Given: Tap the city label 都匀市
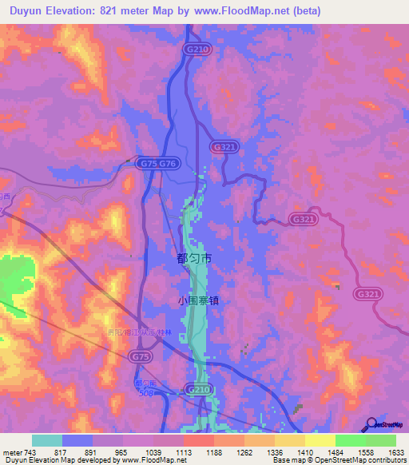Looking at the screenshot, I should [193, 260].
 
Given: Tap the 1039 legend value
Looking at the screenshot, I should [154, 451].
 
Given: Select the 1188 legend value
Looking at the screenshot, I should [214, 451].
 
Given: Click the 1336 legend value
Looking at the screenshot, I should [275, 451].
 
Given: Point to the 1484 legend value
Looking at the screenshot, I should [336, 451].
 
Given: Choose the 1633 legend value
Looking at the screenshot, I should [395, 451].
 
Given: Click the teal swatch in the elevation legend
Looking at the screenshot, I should [47, 440].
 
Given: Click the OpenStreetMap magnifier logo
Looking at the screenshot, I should [371, 426].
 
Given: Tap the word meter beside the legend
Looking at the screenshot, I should [12, 451].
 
